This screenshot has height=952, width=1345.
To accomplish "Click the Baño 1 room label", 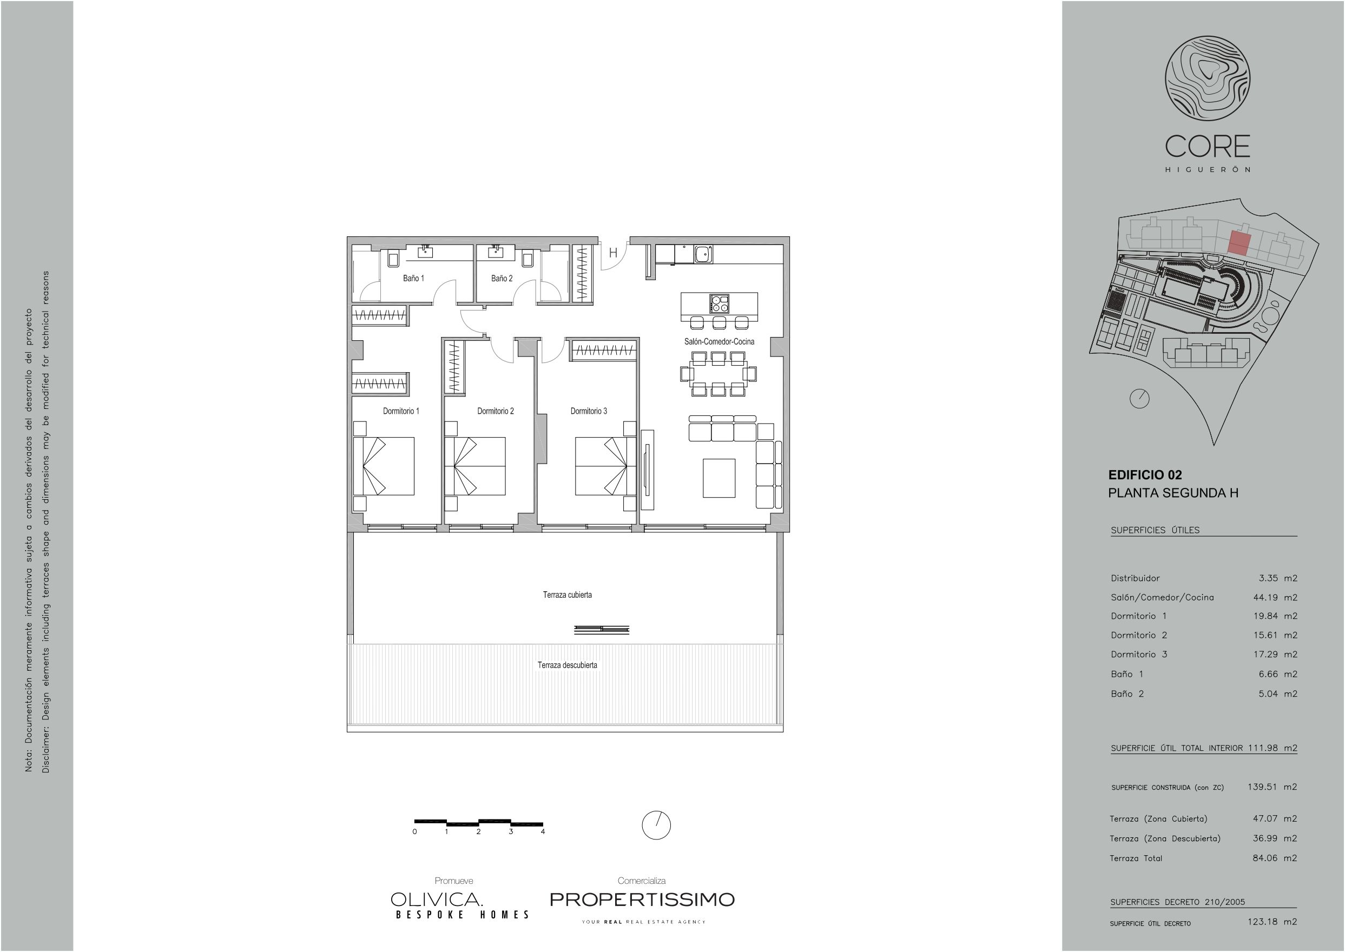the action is point(413,278).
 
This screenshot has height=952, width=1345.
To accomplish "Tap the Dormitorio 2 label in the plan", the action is point(496,411).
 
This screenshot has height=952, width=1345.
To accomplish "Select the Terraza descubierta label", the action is point(567,665).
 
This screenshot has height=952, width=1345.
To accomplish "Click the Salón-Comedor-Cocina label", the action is point(719,341).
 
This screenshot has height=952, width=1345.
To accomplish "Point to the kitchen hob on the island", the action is point(720,303).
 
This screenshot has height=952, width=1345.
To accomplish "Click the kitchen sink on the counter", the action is point(702,254).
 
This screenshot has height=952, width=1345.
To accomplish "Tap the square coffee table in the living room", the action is point(719,478).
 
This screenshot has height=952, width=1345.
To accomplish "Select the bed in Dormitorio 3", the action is point(605,466).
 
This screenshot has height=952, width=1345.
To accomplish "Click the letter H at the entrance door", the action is point(612,253).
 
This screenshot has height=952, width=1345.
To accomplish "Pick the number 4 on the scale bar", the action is point(543,831).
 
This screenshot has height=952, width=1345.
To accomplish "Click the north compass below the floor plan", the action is point(656,825).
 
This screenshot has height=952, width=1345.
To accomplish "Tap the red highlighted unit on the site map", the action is point(1239,243).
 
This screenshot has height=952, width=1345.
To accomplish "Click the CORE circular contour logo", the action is point(1207,78).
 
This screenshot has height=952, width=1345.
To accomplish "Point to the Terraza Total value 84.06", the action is point(1265,858).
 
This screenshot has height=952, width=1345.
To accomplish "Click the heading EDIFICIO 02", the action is point(1145,475).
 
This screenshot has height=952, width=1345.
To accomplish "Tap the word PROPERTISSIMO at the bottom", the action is point(642,899).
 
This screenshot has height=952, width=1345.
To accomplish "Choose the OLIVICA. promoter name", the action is point(437,899).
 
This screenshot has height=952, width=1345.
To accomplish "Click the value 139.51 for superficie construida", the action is point(1262,786).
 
